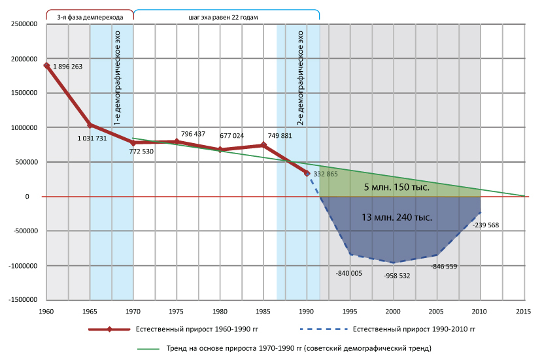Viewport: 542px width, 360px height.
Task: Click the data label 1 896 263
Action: (x=67, y=67)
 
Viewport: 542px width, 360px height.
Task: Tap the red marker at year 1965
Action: (x=90, y=125)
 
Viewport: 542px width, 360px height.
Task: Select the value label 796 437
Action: (x=193, y=134)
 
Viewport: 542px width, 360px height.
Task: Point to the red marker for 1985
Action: (x=263, y=145)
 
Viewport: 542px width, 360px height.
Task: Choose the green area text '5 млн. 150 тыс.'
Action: (x=396, y=188)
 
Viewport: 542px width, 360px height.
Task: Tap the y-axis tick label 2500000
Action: (x=23, y=24)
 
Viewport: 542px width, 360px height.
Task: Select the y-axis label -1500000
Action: (x=22, y=300)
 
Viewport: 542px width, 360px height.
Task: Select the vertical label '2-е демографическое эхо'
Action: (x=301, y=78)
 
